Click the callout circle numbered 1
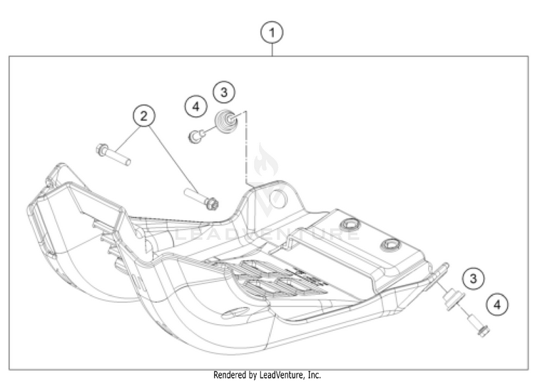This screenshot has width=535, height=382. pyautogui.click(x=272, y=32)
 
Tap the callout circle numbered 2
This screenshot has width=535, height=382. pyautogui.click(x=144, y=115)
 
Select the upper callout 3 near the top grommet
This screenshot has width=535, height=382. pyautogui.click(x=224, y=92)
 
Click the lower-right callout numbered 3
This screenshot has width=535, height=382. pyautogui.click(x=472, y=277)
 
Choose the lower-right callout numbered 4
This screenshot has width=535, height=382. pyautogui.click(x=496, y=305)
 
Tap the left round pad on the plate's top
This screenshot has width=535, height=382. pyautogui.click(x=350, y=228)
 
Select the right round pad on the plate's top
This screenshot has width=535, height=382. pyautogui.click(x=390, y=246)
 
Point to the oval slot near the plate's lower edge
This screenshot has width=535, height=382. pyautogui.click(x=233, y=312)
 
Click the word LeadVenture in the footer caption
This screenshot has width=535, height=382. pyautogui.click(x=274, y=375)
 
